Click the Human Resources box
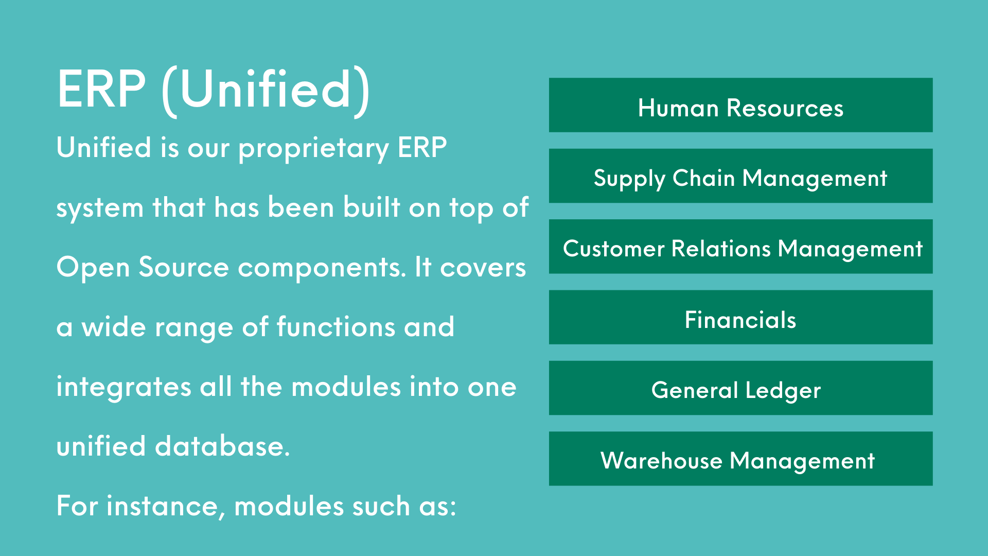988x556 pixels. click(x=740, y=105)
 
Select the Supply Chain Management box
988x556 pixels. click(x=740, y=176)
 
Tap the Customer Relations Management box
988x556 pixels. click(x=740, y=247)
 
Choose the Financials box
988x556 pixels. click(x=740, y=317)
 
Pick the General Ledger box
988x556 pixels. click(x=740, y=388)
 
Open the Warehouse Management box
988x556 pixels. click(x=740, y=459)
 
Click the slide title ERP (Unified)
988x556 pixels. click(x=214, y=91)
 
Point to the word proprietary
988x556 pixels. click(x=314, y=149)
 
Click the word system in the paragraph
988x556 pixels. click(x=100, y=208)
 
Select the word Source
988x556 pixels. click(x=184, y=267)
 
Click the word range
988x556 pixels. click(x=194, y=328)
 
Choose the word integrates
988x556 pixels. click(x=123, y=388)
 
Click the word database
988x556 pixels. click(x=222, y=446)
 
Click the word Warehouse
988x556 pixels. click(x=661, y=460)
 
